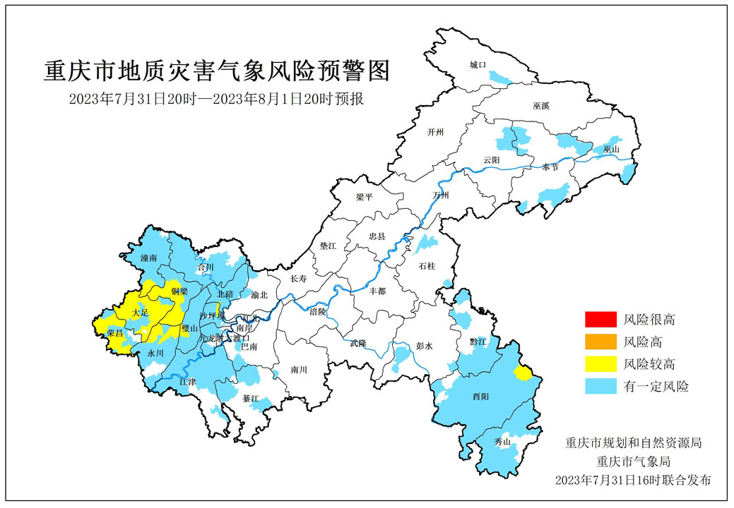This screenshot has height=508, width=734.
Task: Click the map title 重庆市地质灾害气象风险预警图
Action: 216,71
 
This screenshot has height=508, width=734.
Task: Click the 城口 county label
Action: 478,65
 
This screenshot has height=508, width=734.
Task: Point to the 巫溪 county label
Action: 541,105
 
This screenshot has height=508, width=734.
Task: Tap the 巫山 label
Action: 611,150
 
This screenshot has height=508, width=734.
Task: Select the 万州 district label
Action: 441,194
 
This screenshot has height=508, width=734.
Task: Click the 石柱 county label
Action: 427,266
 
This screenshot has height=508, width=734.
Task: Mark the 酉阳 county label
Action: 480,397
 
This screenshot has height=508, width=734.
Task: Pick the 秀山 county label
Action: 502,442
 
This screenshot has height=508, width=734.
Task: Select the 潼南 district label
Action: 149,258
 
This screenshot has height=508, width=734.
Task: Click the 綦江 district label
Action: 251,399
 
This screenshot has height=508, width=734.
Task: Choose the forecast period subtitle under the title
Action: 216,99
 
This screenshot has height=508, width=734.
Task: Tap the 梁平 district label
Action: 365,198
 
